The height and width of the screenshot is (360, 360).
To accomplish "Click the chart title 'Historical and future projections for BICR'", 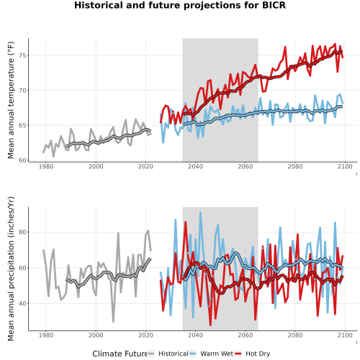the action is [180, 5].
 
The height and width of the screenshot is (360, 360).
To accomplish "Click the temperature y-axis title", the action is [11, 100].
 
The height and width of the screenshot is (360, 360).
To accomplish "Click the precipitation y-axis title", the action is [11, 269].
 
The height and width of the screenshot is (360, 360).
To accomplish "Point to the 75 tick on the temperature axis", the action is [23, 55].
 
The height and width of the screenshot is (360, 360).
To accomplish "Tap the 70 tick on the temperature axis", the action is [23, 91].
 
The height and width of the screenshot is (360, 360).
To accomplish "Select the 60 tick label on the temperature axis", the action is [23, 161].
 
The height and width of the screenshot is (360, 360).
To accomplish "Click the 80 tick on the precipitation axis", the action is [23, 232].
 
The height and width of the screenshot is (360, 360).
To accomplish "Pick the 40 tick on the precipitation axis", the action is [23, 304].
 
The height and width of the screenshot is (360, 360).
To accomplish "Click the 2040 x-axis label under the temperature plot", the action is [195, 166].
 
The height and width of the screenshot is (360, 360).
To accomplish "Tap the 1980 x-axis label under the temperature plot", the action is [46, 166].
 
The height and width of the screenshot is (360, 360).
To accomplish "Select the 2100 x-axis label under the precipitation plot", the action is [345, 335].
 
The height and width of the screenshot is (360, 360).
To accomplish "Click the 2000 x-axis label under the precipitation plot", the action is [96, 335].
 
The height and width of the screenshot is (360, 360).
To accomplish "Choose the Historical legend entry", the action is [168, 354].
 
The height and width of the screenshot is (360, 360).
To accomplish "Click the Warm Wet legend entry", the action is [211, 354].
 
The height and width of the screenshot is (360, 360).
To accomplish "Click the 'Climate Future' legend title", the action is [120, 354].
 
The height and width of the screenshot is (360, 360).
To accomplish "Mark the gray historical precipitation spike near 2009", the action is [118, 233].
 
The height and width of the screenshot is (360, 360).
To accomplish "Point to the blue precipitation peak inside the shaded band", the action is [200, 212].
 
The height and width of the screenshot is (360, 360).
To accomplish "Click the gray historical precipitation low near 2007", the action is [113, 322].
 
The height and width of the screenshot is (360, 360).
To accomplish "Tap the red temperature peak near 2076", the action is [285, 47].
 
